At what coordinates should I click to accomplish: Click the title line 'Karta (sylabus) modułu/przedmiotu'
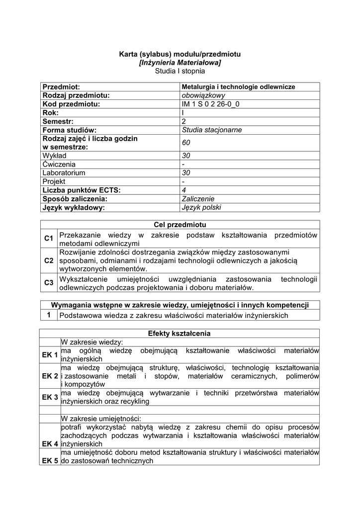pyautogui.click(x=180, y=53)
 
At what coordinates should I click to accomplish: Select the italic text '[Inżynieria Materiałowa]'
pyautogui.click(x=180, y=62)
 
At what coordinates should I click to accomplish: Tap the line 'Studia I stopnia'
pyautogui.click(x=180, y=71)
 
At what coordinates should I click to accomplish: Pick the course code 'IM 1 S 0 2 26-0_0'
pyautogui.click(x=214, y=104)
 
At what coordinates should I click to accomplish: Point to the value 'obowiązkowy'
pyautogui.click(x=204, y=95)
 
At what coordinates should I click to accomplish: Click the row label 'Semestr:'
pyautogui.click(x=58, y=121)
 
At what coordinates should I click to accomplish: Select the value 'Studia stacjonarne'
pyautogui.click(x=212, y=130)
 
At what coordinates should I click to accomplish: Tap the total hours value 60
pyautogui.click(x=186, y=143)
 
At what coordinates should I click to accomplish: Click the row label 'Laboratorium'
pyautogui.click(x=64, y=173)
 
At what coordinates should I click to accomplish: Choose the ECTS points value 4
pyautogui.click(x=184, y=190)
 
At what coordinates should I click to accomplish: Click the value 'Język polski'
pyautogui.click(x=202, y=207)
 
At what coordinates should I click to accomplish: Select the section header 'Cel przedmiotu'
pyautogui.click(x=180, y=225)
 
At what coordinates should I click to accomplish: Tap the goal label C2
pyautogui.click(x=48, y=260)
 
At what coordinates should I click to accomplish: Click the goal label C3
pyautogui.click(x=48, y=283)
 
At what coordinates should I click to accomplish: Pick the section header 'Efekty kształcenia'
pyautogui.click(x=180, y=333)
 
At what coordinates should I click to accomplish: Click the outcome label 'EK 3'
pyautogui.click(x=50, y=397)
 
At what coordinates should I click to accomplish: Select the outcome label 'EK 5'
pyautogui.click(x=50, y=461)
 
